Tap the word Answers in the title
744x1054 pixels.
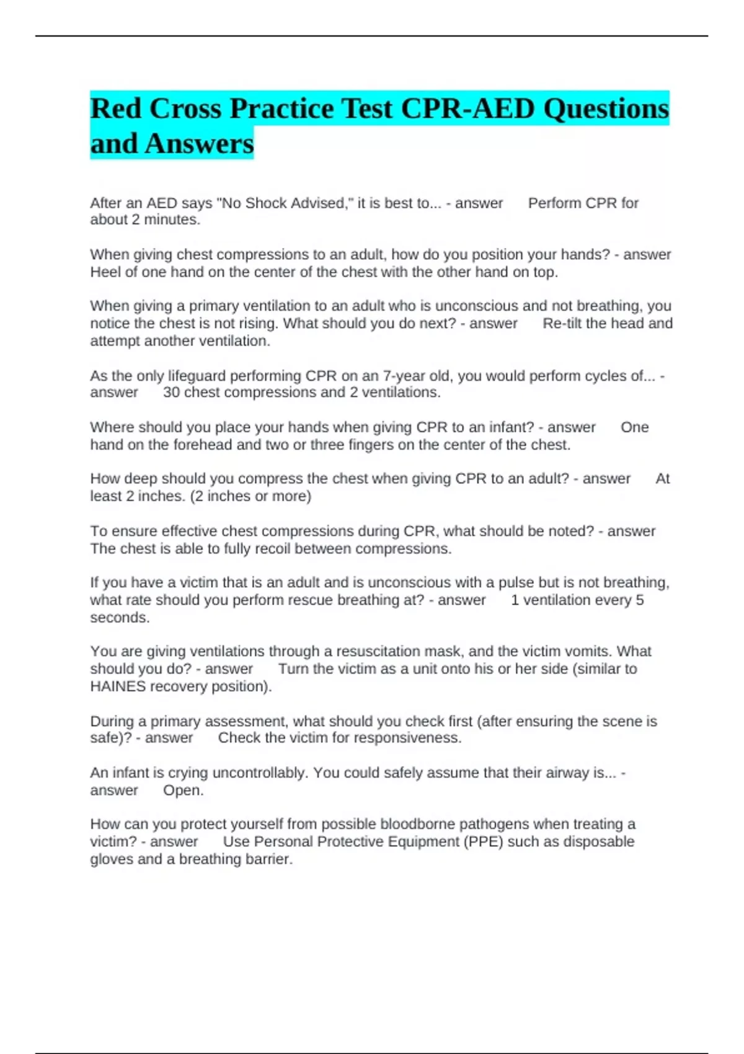point(199,144)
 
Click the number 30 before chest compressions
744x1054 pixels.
point(171,392)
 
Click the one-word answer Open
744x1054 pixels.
point(183,790)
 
